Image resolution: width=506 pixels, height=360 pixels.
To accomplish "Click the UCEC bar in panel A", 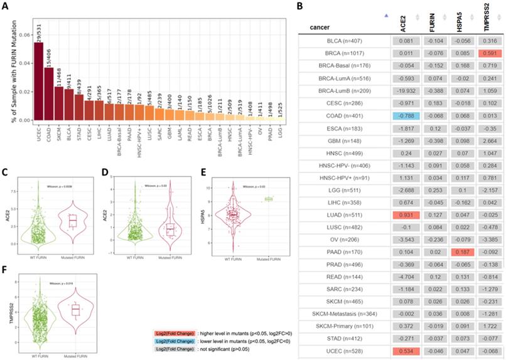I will (39, 82).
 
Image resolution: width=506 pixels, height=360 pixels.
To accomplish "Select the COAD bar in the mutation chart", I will (49, 94).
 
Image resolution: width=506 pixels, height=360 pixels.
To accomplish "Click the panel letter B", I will (300, 6).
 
